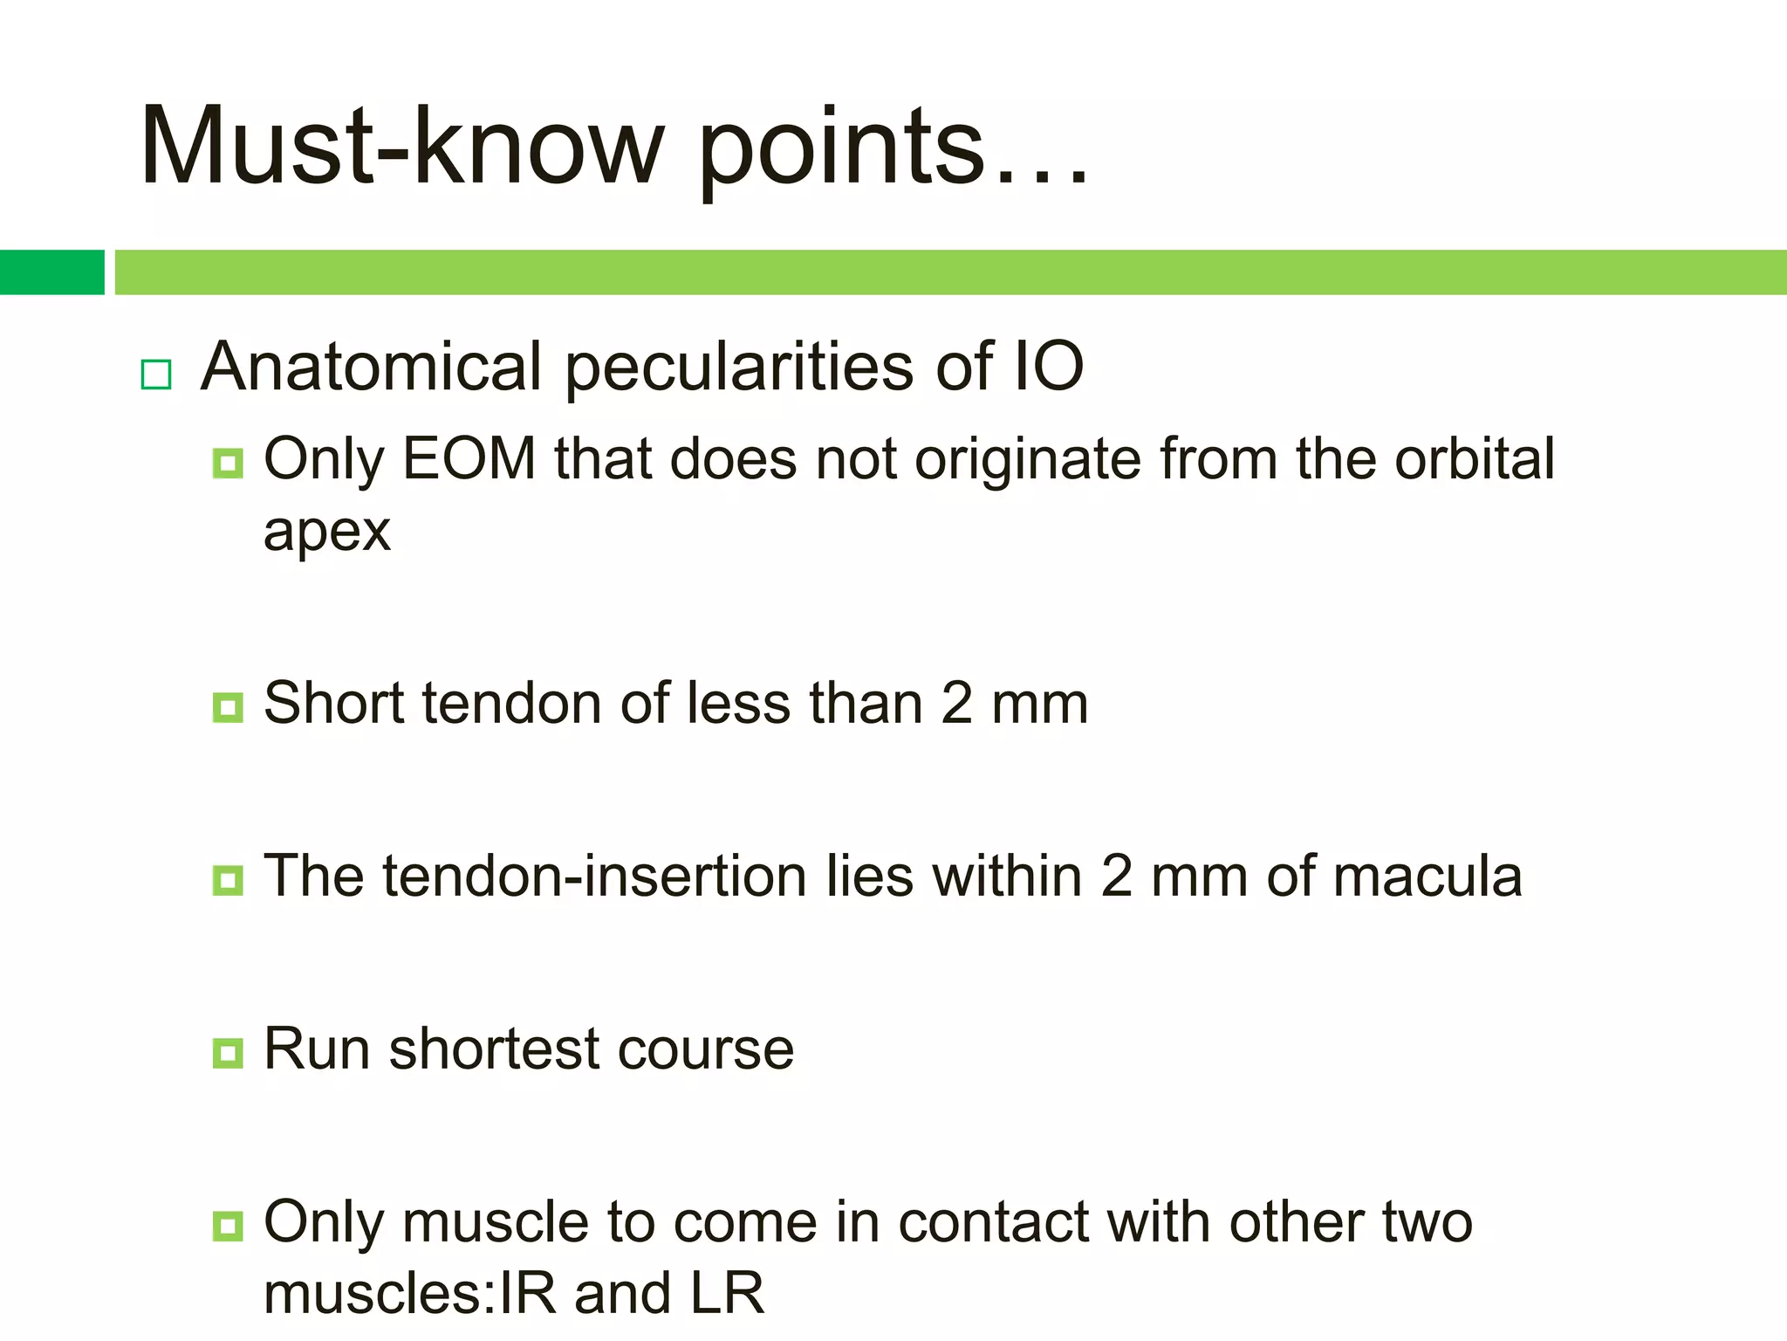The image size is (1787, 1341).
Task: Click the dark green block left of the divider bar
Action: click(51, 272)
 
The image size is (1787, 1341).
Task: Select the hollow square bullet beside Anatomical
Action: click(156, 375)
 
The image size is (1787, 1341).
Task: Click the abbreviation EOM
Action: click(469, 459)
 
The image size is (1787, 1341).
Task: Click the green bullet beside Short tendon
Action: click(228, 707)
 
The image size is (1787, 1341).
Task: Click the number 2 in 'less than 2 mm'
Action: click(956, 703)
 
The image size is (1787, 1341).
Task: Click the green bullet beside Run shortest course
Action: click(228, 1054)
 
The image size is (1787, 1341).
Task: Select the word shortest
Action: click(493, 1049)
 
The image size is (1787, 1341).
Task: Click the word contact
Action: click(993, 1221)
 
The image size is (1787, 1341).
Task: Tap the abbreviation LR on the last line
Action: click(727, 1293)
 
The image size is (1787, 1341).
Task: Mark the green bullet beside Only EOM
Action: click(228, 464)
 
